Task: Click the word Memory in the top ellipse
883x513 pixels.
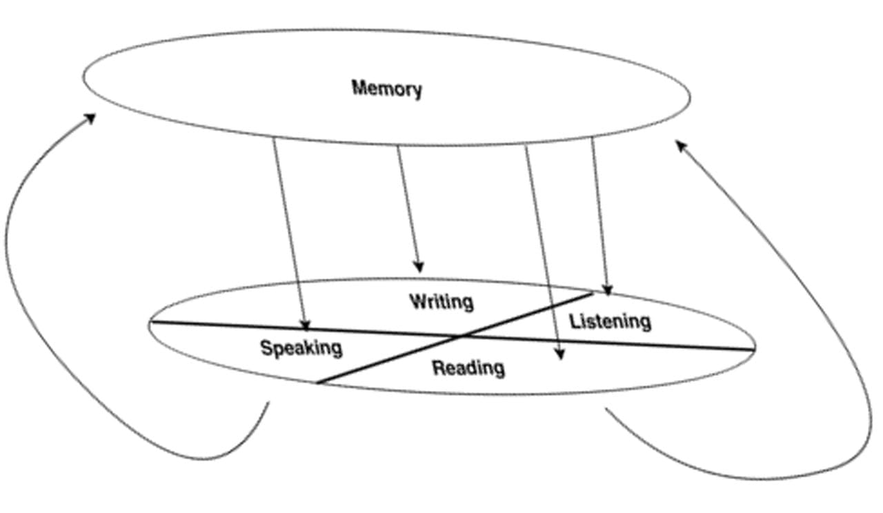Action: click(386, 88)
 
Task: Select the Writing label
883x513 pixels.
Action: click(441, 302)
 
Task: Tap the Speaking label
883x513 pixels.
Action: click(301, 348)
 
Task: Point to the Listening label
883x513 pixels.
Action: click(610, 321)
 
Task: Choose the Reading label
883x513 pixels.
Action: click(468, 368)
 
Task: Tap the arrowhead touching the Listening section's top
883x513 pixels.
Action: click(607, 290)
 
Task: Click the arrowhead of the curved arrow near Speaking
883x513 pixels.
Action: click(90, 118)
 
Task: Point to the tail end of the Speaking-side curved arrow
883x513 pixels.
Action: click(268, 403)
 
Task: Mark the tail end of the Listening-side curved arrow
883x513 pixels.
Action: click(606, 410)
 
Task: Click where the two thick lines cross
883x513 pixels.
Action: click(461, 337)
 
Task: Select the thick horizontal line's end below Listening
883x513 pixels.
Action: click(753, 350)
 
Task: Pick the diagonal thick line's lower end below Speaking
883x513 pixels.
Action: click(317, 383)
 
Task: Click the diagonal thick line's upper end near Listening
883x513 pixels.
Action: click(592, 293)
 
